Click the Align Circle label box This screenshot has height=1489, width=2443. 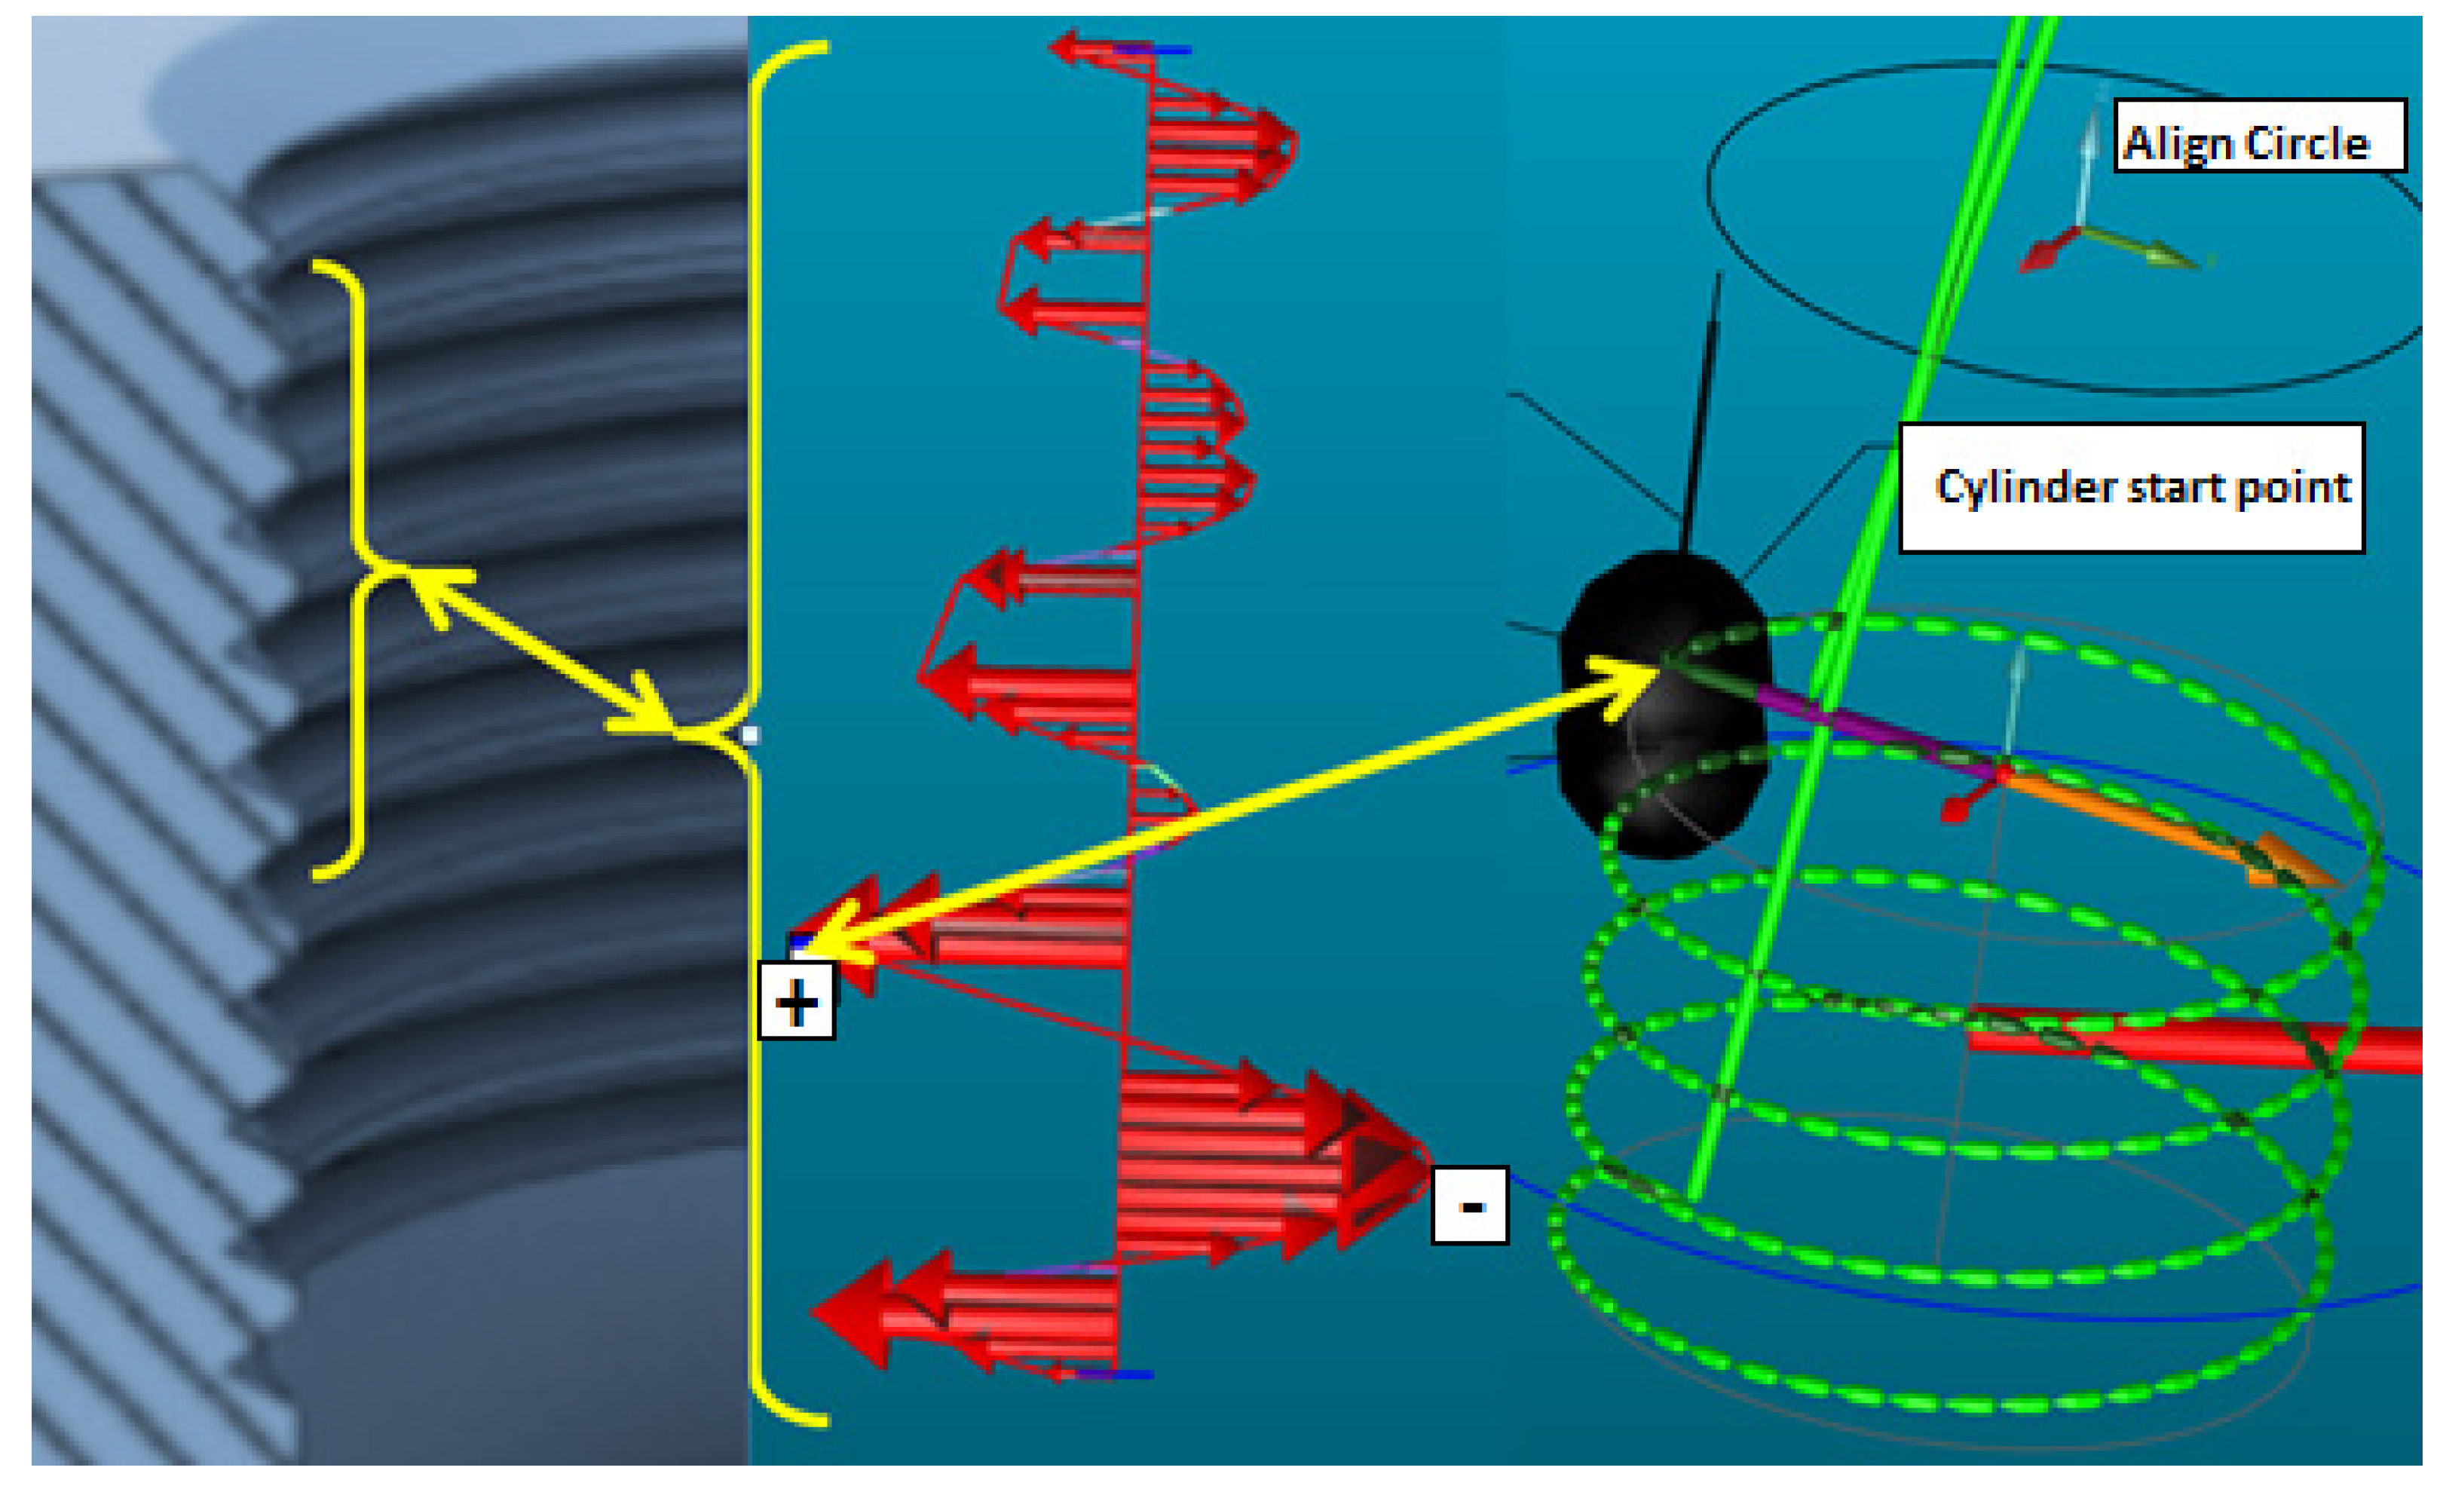[2260, 136]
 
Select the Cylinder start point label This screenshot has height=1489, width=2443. [2132, 488]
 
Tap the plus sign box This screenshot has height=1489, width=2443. [796, 1001]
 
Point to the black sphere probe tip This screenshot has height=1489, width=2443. [1664, 704]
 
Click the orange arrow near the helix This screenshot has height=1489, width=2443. [2172, 828]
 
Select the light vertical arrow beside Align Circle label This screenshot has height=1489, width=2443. [2089, 158]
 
